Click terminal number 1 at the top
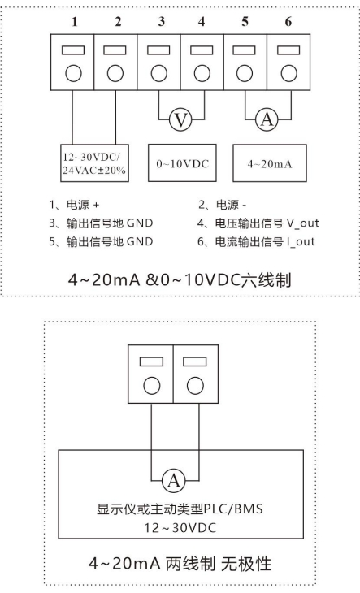(75, 22)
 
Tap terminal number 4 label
(202, 22)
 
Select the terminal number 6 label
(288, 22)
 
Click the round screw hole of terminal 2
(115, 73)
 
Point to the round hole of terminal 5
(245, 73)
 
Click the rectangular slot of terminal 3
(158, 50)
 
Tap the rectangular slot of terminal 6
(288, 50)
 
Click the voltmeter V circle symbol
(180, 120)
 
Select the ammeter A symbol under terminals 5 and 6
(267, 119)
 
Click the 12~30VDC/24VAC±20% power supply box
(94, 163)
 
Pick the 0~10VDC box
(182, 163)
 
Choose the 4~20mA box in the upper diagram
(270, 163)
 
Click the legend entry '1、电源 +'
(74, 205)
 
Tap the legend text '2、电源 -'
(223, 205)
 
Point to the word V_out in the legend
(302, 223)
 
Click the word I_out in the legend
(301, 241)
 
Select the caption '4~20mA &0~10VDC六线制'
(180, 280)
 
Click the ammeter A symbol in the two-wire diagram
(174, 481)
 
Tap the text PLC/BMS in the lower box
(233, 509)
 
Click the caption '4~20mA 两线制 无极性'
(180, 564)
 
